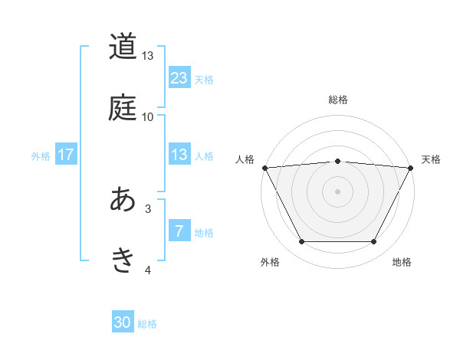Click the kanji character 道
point(123,47)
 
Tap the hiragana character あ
point(123,200)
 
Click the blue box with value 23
point(179,78)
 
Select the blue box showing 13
point(179,155)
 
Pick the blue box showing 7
point(179,231)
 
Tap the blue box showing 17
point(66,155)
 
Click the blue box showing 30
point(123,323)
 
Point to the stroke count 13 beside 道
point(148,56)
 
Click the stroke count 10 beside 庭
point(148,116)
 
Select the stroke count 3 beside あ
point(148,208)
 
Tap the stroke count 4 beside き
point(148,269)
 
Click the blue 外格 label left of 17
point(41,155)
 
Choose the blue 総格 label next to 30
point(147,324)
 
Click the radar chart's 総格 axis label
point(337,100)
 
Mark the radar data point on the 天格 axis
point(412,168)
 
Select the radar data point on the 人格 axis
point(264,168)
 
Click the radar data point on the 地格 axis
point(373,242)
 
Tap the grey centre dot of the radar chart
point(337,191)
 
